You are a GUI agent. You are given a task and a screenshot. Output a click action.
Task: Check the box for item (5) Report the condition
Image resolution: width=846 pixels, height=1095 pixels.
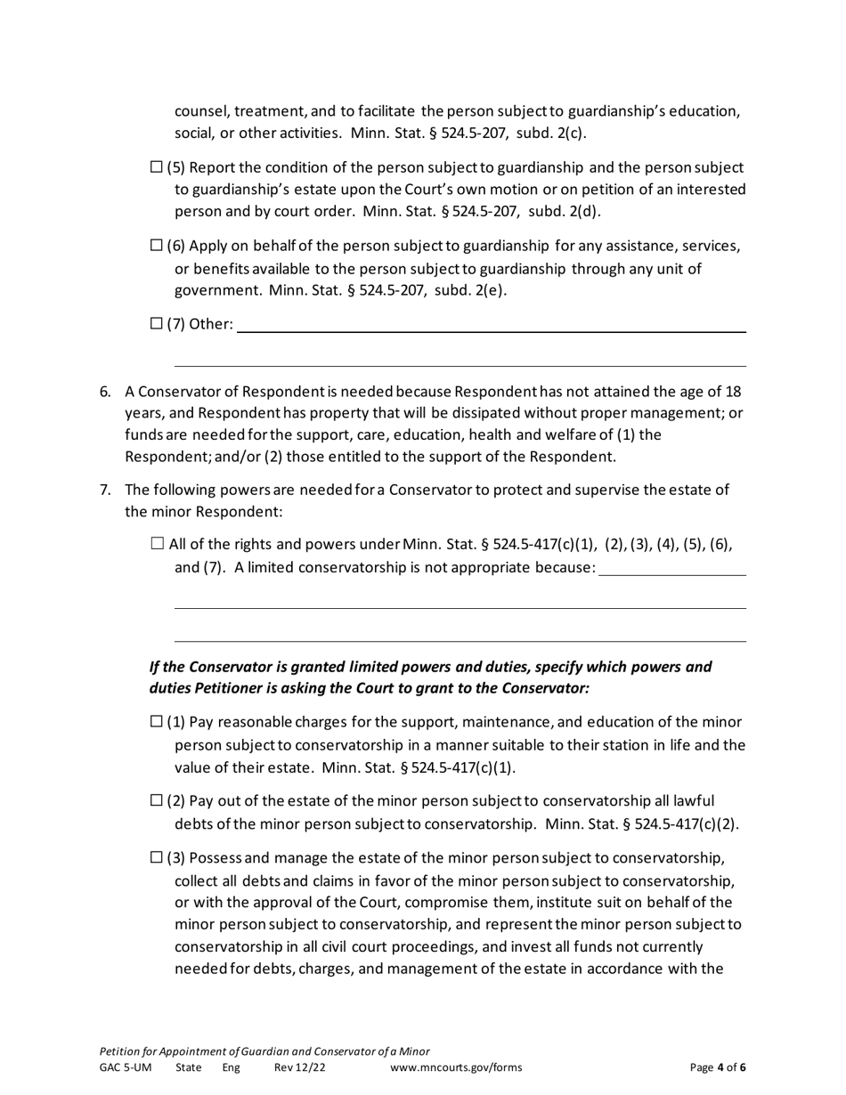tap(157, 167)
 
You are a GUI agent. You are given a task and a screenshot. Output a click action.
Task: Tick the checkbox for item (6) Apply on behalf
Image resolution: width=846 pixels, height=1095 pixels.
tap(157, 246)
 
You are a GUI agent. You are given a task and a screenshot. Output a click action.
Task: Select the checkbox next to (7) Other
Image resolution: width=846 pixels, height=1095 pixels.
tap(157, 324)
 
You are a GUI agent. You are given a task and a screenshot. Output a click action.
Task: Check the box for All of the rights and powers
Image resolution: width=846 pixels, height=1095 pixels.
tap(158, 544)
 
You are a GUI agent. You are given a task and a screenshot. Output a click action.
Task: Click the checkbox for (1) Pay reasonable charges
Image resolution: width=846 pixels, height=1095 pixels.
tap(157, 722)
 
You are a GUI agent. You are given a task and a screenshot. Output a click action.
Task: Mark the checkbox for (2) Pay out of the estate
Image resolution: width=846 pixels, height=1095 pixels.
tap(157, 801)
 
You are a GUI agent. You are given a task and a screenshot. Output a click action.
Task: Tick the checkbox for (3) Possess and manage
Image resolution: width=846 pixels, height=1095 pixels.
tap(157, 858)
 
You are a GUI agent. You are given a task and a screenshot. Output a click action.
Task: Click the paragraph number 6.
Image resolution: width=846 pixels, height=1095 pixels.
tap(105, 392)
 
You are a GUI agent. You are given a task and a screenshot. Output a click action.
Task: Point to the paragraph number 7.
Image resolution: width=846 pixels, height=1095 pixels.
tap(105, 490)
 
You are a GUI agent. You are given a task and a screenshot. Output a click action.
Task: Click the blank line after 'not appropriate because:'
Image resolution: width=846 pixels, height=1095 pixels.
tap(672, 569)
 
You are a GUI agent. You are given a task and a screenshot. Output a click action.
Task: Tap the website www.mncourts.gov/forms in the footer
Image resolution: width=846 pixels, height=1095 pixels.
tap(456, 1068)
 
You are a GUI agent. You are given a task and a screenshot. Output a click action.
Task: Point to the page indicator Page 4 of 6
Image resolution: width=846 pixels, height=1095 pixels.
tap(718, 1068)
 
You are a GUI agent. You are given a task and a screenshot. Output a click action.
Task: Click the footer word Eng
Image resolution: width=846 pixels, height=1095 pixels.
tap(231, 1068)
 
